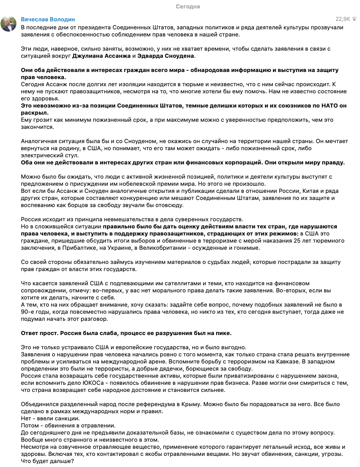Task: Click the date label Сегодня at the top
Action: pyautogui.click(x=188, y=7)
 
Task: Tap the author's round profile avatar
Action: pyautogui.click(x=9, y=24)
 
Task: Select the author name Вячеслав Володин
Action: pyautogui.click(x=48, y=20)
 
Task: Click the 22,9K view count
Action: pyautogui.click(x=342, y=19)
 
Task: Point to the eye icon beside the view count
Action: pyautogui.click(x=355, y=19)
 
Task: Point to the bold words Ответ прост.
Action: pyautogui.click(x=41, y=333)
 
